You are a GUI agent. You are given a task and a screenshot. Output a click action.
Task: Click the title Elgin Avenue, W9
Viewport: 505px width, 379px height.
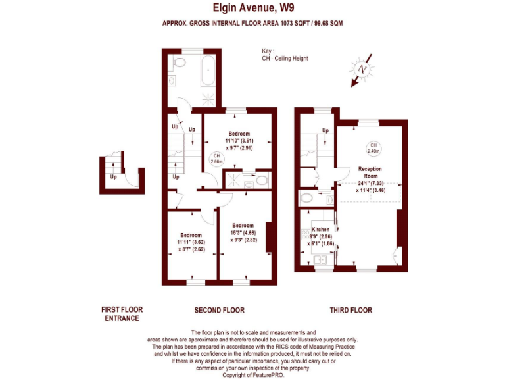pyautogui.click(x=252, y=8)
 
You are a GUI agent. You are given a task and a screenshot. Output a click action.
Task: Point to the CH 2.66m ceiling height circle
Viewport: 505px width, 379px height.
pyautogui.click(x=216, y=159)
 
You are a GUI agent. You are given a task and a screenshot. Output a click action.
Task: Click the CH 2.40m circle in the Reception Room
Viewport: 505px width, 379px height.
pyautogui.click(x=373, y=148)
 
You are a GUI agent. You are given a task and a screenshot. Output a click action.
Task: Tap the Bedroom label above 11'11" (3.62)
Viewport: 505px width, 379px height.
pyautogui.click(x=191, y=235)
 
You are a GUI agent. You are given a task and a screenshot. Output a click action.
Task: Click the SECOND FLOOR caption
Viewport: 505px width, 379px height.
pyautogui.click(x=219, y=310)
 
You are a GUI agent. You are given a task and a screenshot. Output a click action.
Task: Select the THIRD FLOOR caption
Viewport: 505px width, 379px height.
pyautogui.click(x=350, y=310)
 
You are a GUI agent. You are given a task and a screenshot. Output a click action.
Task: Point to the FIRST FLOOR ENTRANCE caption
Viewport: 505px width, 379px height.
pyautogui.click(x=122, y=314)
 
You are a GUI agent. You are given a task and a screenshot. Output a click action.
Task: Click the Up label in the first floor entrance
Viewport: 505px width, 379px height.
pyautogui.click(x=114, y=176)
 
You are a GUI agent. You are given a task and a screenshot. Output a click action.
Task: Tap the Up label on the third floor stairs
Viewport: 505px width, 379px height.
pyautogui.click(x=325, y=130)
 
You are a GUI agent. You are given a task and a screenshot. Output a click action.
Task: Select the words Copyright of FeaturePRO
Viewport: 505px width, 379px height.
pyautogui.click(x=253, y=374)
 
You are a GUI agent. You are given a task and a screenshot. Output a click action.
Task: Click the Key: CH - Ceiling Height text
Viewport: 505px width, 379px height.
pyautogui.click(x=284, y=55)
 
